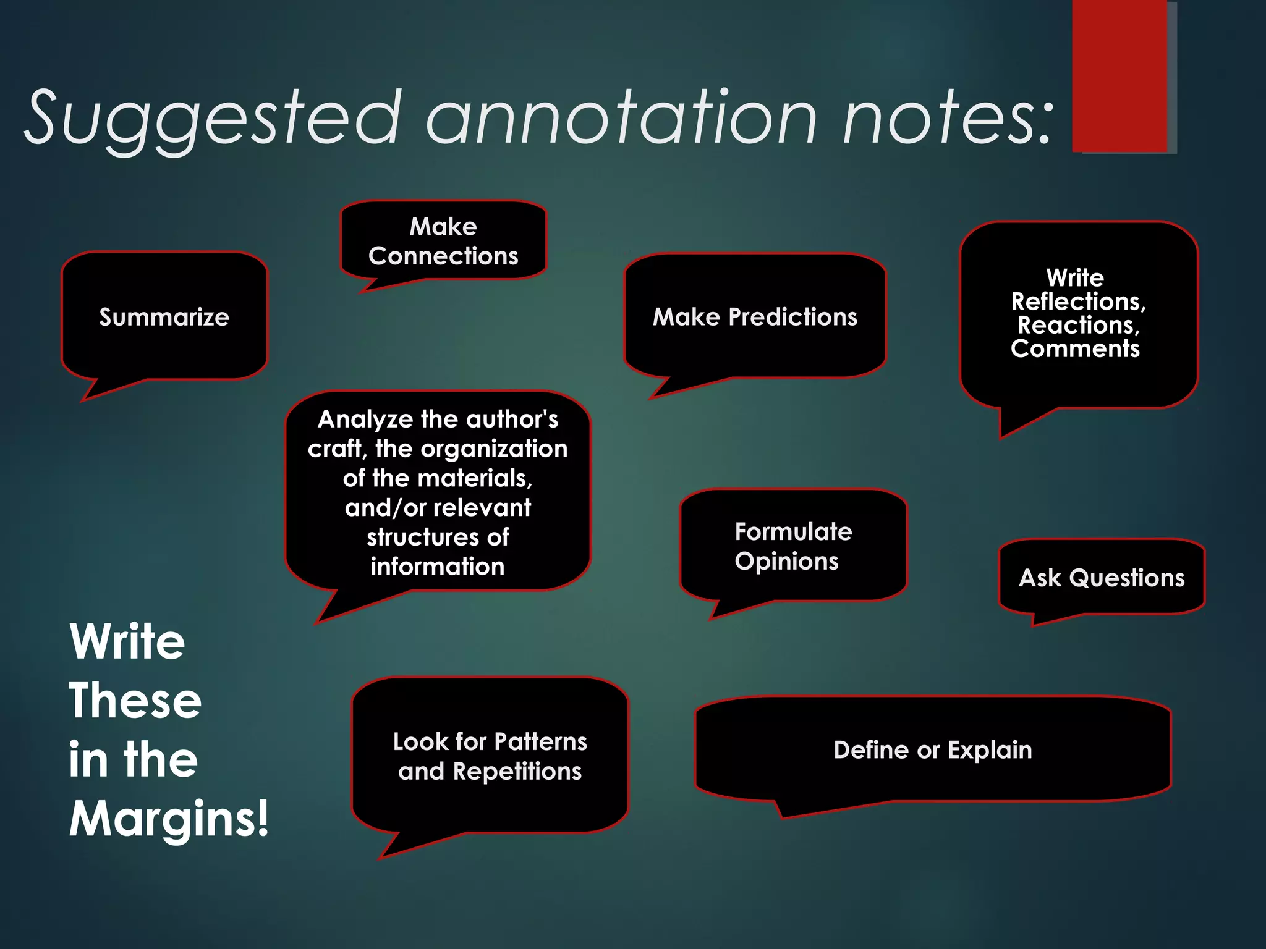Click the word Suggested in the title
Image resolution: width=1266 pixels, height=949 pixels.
tap(213, 119)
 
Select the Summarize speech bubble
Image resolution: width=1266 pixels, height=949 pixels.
tap(164, 316)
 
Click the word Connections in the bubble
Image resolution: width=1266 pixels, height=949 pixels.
tap(443, 256)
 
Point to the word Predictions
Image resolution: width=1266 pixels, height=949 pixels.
tap(792, 317)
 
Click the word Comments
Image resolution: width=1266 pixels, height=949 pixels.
tap(1075, 348)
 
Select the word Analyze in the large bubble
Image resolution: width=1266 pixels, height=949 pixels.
tap(365, 420)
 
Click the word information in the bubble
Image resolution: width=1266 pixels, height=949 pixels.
tap(438, 567)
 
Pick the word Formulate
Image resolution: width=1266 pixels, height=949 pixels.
tap(793, 531)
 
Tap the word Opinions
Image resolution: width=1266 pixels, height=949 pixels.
tap(786, 561)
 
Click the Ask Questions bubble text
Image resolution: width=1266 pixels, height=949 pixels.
tap(1102, 578)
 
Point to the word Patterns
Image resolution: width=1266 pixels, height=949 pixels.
tap(540, 741)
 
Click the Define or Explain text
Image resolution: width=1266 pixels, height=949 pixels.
tap(933, 749)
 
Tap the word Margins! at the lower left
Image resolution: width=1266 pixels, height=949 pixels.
tap(169, 819)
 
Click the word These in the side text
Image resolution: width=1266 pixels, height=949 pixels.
tap(135, 701)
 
